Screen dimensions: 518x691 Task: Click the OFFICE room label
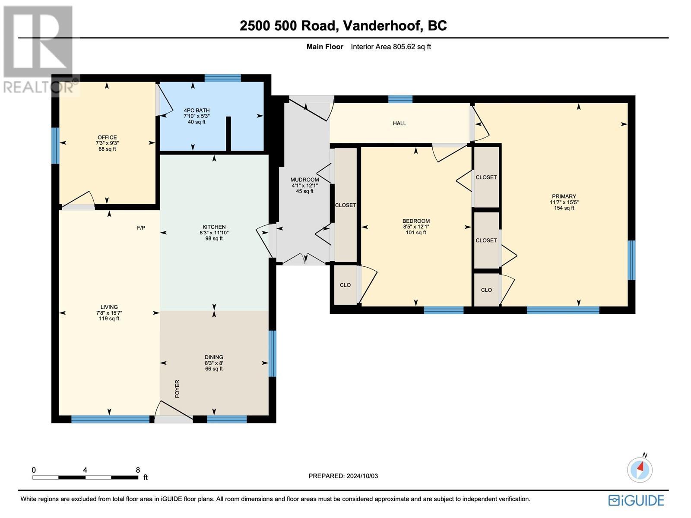click(107, 138)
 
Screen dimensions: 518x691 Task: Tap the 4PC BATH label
click(197, 111)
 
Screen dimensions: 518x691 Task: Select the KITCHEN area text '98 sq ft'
click(214, 238)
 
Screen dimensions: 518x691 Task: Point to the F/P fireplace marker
click(141, 227)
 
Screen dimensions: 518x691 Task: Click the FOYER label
click(177, 388)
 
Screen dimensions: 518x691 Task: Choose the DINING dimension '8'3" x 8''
click(214, 363)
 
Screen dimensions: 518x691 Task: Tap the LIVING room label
click(109, 307)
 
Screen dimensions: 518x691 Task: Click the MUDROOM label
click(304, 180)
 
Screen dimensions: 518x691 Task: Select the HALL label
click(399, 123)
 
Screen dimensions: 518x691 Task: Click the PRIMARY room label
click(564, 196)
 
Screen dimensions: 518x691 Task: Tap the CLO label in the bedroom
click(345, 285)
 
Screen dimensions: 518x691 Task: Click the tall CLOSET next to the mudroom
click(345, 205)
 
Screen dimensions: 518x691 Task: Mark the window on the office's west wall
click(55, 145)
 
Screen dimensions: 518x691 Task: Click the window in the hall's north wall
click(400, 99)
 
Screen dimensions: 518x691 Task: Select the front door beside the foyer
click(174, 418)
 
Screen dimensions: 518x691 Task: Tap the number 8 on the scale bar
click(138, 470)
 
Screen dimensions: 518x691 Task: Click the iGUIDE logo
click(636, 500)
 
